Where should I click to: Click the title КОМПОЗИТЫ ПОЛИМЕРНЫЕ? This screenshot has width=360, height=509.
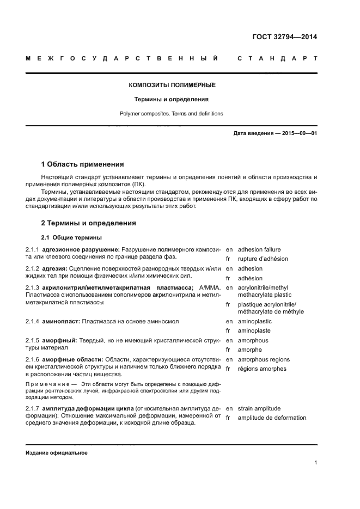click(x=172, y=85)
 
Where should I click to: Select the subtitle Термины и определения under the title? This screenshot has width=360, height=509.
click(x=172, y=100)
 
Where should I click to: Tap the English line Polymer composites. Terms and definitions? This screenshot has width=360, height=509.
click(x=172, y=114)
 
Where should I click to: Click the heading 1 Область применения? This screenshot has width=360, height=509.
click(x=83, y=164)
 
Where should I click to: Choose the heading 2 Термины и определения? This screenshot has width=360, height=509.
click(x=89, y=223)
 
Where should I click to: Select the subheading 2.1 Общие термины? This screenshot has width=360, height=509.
click(x=71, y=237)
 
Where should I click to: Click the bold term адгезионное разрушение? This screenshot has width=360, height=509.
click(x=81, y=249)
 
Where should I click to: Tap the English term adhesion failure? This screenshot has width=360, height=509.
click(x=259, y=249)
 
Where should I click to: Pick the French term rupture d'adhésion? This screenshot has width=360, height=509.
click(x=263, y=259)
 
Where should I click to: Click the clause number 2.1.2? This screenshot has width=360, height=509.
click(x=33, y=268)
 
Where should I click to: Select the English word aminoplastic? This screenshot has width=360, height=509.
click(x=255, y=321)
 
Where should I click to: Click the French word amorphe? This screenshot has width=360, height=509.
click(x=250, y=349)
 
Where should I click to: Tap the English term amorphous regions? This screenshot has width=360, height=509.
click(x=264, y=359)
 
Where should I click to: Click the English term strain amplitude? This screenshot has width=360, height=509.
click(x=259, y=408)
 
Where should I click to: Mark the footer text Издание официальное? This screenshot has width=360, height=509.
click(x=56, y=453)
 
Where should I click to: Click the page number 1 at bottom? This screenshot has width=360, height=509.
click(x=316, y=463)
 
